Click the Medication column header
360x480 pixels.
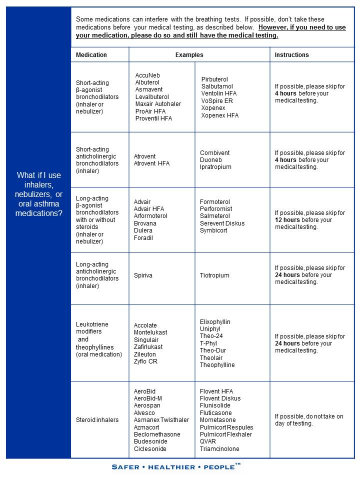click(x=91, y=55)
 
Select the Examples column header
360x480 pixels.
click(x=189, y=55)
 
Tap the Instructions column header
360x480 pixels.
click(x=292, y=55)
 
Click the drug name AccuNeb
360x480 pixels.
click(x=147, y=75)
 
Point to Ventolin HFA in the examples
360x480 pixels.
click(x=218, y=93)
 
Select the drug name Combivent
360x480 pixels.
click(x=214, y=153)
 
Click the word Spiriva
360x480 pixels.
click(x=143, y=275)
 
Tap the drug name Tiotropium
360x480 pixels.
click(x=214, y=275)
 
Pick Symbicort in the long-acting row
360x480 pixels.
click(x=213, y=230)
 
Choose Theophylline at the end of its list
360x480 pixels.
click(x=217, y=365)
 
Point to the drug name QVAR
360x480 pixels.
click(x=208, y=441)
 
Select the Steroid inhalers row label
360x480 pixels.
click(x=97, y=420)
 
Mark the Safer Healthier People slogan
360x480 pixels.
click(x=176, y=467)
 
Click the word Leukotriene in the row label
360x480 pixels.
click(x=92, y=324)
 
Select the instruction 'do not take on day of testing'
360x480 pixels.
click(x=308, y=420)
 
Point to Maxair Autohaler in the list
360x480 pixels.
click(x=158, y=104)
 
